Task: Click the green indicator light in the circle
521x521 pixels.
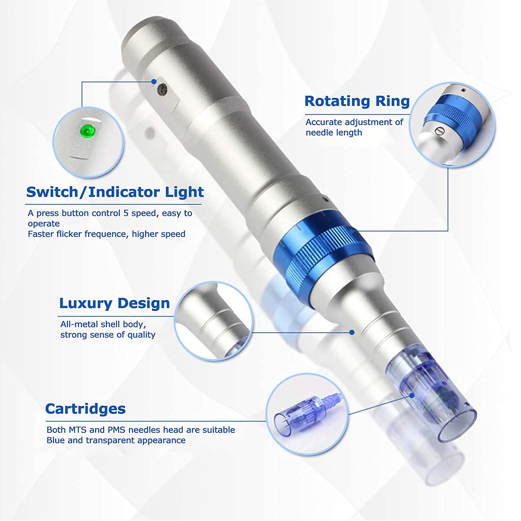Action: [86, 130]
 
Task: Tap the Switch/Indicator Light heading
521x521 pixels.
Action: [115, 192]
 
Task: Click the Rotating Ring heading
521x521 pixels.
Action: [357, 101]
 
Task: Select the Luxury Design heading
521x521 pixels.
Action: [114, 303]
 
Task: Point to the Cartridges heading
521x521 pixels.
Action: [85, 409]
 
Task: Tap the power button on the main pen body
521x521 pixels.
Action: [162, 89]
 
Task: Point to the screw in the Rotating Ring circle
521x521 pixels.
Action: [440, 131]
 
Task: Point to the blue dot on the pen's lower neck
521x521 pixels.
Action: [352, 332]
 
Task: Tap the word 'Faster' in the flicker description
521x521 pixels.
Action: [41, 234]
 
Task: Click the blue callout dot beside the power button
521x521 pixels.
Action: [154, 81]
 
